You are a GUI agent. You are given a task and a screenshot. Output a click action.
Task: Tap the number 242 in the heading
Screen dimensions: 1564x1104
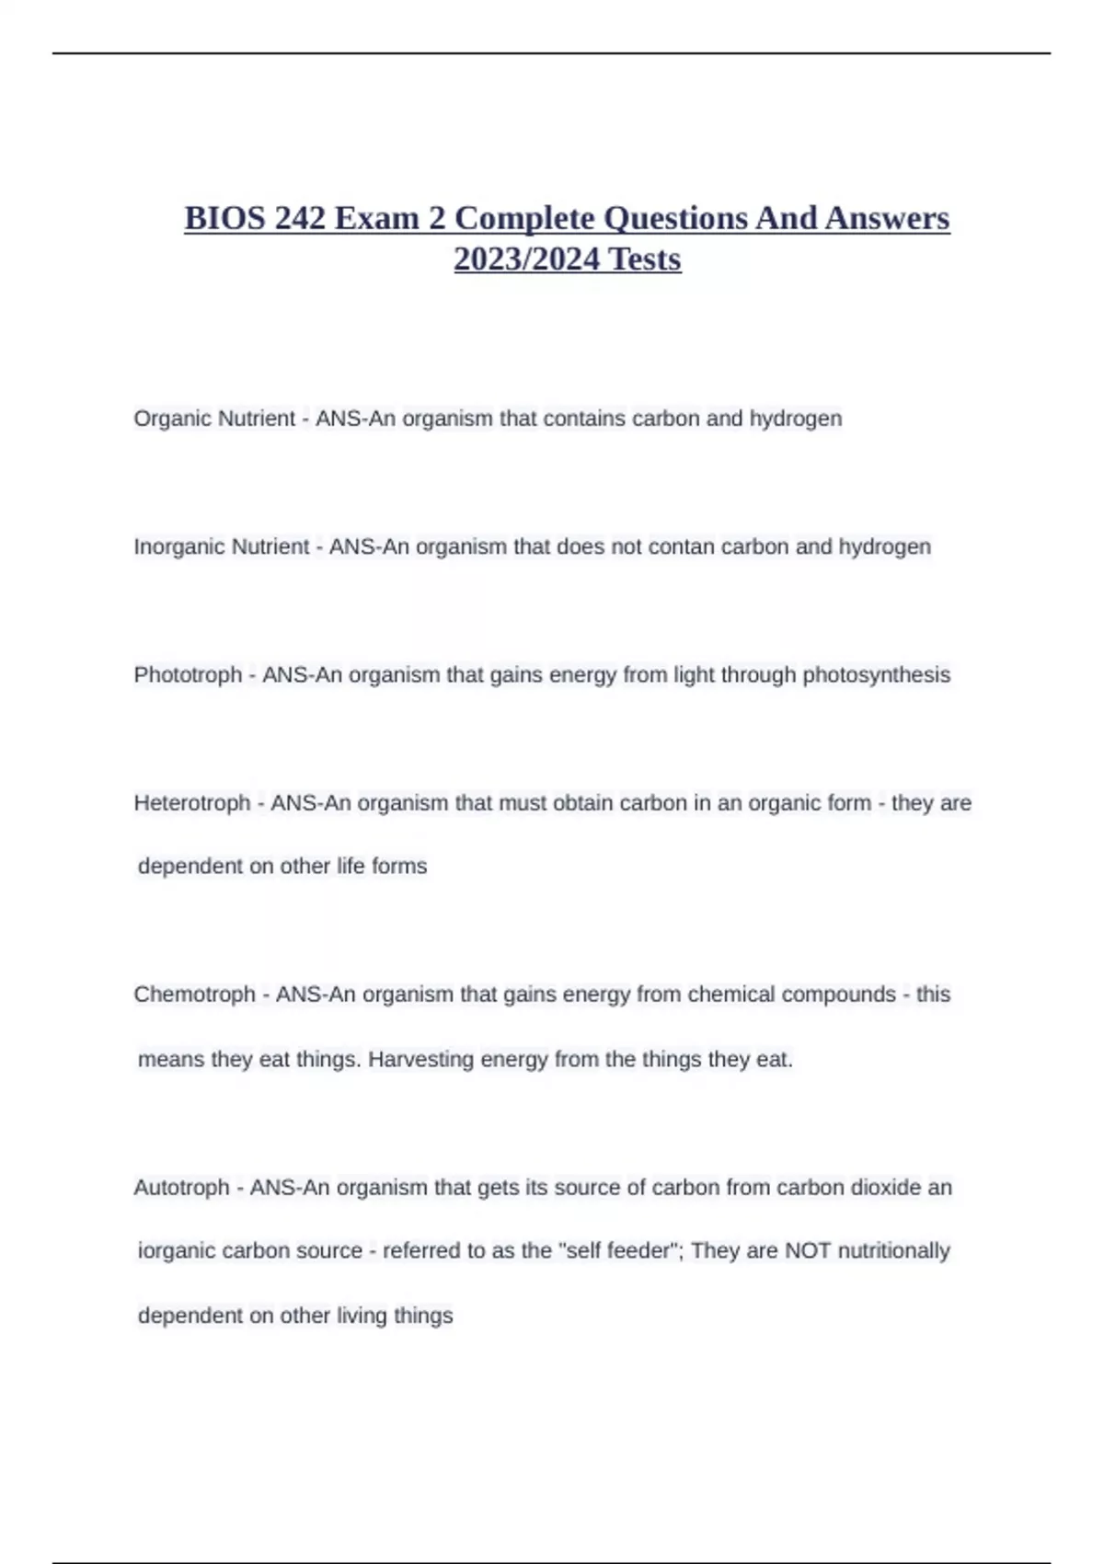pos(300,219)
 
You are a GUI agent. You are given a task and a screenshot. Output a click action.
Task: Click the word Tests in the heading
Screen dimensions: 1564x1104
pos(645,259)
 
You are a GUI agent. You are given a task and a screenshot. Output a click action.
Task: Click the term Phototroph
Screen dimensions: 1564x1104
pos(188,675)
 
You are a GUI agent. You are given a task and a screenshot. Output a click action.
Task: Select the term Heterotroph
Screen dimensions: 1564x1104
pos(192,803)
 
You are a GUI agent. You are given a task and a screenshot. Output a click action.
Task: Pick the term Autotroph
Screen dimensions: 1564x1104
pos(181,1188)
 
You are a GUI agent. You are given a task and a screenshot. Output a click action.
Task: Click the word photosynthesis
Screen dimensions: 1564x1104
pos(876,675)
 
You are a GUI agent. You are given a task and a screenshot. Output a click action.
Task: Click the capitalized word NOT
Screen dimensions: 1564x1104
pos(806,1251)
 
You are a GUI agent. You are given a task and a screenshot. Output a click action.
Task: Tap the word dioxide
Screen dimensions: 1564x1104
pos(886,1188)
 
